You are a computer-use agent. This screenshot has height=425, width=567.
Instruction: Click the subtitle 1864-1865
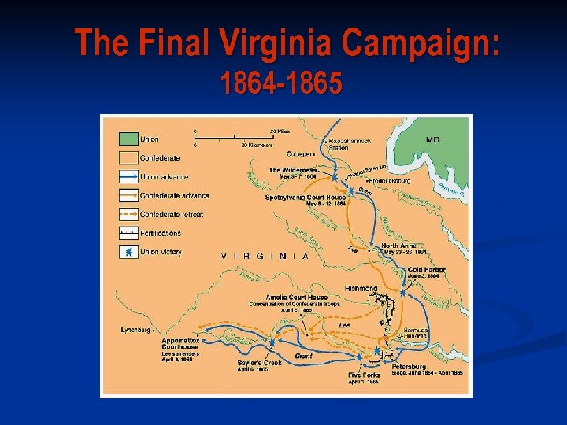[x=281, y=83]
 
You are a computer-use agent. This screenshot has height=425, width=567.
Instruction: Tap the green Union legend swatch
[x=126, y=139]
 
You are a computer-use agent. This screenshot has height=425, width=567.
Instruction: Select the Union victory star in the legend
[x=126, y=252]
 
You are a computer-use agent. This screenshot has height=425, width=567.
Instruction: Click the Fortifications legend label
[x=161, y=233]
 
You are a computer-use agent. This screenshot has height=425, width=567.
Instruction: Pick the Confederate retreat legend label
[x=172, y=214]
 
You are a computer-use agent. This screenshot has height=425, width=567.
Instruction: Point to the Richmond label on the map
[x=362, y=289]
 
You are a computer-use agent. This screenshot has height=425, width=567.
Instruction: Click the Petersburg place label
[x=408, y=366]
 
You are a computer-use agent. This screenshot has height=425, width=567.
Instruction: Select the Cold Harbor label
[x=426, y=269]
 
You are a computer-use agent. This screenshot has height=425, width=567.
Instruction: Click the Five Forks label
[x=364, y=375]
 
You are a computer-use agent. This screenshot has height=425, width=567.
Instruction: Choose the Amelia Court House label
[x=297, y=297]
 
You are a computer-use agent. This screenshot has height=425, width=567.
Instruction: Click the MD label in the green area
[x=433, y=139]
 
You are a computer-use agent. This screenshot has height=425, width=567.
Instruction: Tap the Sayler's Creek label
[x=253, y=362]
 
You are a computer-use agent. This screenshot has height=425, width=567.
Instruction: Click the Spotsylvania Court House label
[x=305, y=196]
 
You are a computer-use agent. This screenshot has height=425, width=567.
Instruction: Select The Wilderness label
[x=293, y=170]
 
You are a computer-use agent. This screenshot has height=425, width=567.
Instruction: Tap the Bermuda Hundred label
[x=415, y=332]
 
